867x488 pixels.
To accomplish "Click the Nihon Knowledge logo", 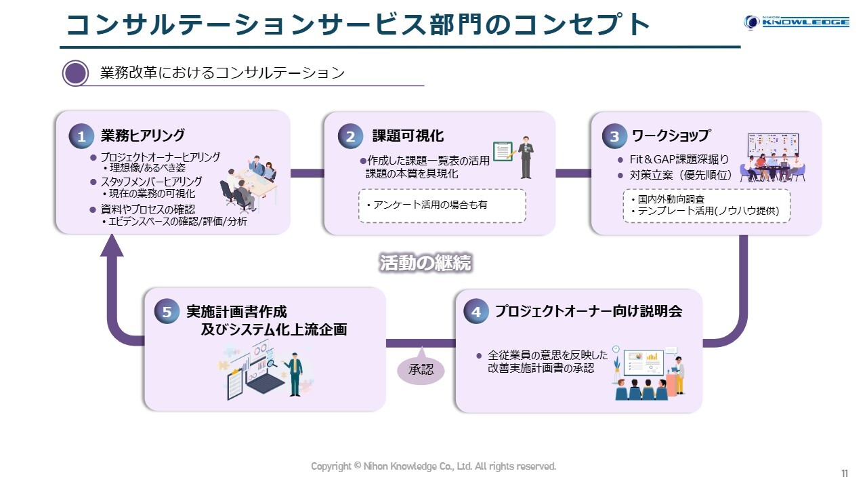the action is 797,22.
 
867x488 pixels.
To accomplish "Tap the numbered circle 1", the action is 81,136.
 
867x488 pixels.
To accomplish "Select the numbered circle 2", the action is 350,136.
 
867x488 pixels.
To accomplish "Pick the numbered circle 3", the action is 614,136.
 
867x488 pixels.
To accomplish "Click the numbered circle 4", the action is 476,312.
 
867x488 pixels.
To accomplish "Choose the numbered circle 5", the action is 167,312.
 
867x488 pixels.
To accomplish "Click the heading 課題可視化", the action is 408,136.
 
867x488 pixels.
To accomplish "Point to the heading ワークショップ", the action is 671,135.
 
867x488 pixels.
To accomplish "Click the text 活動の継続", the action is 425,262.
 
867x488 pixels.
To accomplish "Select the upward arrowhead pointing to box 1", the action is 112,245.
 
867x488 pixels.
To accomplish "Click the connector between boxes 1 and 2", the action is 308,173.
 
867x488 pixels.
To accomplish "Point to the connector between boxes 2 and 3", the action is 573,173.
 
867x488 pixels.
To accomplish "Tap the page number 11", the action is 845,474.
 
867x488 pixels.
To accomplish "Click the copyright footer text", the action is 433,466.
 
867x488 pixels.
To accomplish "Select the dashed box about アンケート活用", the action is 442,205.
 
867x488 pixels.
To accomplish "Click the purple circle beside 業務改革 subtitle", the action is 75,73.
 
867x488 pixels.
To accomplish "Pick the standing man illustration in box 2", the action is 526,157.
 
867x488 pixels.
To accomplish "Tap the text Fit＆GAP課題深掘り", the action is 679,159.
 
